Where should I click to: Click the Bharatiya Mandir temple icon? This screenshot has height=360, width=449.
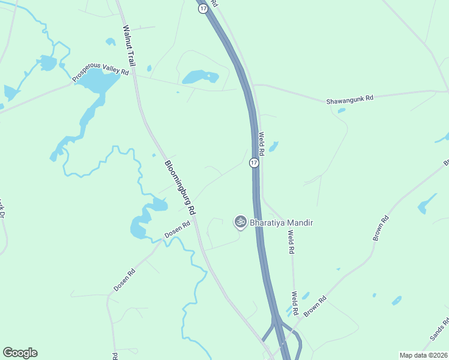(240, 222)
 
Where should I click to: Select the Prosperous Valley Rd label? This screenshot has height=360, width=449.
(101, 75)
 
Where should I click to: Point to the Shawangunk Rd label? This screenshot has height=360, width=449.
(350, 98)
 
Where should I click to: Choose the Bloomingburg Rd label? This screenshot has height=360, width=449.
(181, 187)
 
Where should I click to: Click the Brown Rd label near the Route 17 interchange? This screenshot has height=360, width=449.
(315, 307)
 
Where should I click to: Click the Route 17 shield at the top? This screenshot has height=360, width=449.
(203, 8)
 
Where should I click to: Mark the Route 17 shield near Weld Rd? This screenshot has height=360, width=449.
(254, 163)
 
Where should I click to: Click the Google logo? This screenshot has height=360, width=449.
(20, 353)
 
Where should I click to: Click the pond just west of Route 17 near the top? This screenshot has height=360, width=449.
(199, 77)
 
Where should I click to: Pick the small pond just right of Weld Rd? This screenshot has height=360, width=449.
(273, 146)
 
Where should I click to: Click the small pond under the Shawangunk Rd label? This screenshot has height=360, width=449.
(342, 110)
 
